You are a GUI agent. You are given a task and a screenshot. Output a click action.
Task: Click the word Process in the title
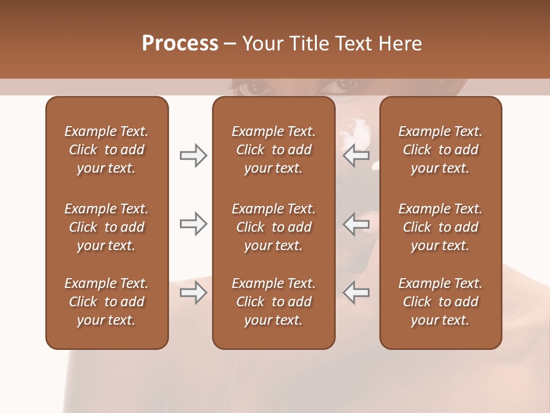pyautogui.click(x=180, y=44)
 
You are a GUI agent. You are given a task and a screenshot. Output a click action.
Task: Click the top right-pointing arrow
pyautogui.click(x=193, y=155)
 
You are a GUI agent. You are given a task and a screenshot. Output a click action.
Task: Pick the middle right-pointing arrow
pyautogui.click(x=193, y=224)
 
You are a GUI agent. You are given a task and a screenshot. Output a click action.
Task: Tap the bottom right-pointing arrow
pyautogui.click(x=193, y=293)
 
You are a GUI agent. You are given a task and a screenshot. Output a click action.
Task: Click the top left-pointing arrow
pyautogui.click(x=356, y=155)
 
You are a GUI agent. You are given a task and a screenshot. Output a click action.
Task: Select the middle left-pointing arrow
pyautogui.click(x=356, y=224)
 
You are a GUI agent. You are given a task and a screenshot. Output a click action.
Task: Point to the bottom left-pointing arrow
pyautogui.click(x=356, y=293)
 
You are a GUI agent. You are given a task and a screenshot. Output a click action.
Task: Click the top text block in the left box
pyautogui.click(x=107, y=150)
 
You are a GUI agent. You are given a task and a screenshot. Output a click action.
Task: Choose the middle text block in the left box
pyautogui.click(x=107, y=227)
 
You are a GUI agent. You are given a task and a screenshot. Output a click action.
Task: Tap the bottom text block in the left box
pyautogui.click(x=107, y=302)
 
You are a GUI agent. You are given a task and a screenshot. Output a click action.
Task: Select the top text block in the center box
pyautogui.click(x=273, y=150)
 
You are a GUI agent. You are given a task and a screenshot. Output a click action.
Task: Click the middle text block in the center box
pyautogui.click(x=273, y=227)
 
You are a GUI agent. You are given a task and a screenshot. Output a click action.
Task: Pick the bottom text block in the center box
pyautogui.click(x=273, y=302)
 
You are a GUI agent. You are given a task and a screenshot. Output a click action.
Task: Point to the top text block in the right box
pyautogui.click(x=441, y=150)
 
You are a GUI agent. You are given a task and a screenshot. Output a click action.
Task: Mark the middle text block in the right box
pyautogui.click(x=441, y=227)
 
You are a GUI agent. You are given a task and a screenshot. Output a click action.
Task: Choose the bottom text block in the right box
pyautogui.click(x=441, y=302)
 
